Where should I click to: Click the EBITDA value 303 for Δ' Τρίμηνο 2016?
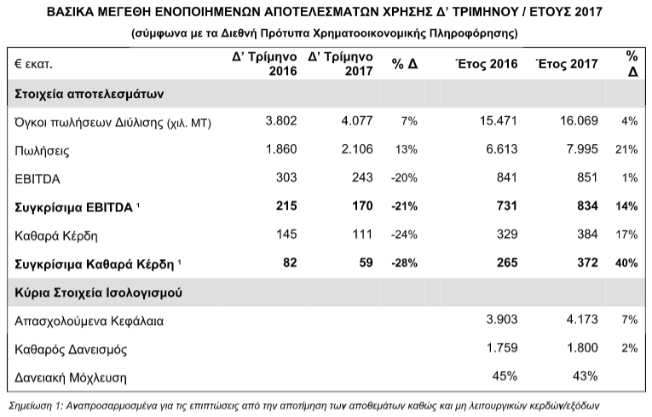(286, 177)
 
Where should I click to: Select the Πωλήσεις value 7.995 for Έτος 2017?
(582, 149)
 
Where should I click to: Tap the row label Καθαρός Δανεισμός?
(71, 349)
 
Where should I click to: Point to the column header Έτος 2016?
(487, 64)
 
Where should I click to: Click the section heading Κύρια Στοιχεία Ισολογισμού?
(98, 292)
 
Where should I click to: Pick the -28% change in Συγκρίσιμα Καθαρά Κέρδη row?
(404, 263)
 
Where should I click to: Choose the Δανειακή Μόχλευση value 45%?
(505, 376)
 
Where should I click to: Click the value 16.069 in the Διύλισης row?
(579, 121)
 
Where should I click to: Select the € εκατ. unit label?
(34, 64)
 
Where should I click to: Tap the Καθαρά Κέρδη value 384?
(587, 235)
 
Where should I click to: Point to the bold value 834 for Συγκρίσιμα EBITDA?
(587, 206)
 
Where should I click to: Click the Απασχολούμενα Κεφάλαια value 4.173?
(582, 319)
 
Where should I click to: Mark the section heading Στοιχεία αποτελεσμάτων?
(89, 94)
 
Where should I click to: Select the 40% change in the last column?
(626, 263)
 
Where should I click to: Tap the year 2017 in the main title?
(588, 12)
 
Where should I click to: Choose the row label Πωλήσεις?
(42, 151)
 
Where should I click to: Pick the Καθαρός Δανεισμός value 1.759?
(502, 348)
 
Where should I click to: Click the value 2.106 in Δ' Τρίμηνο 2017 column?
(357, 149)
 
